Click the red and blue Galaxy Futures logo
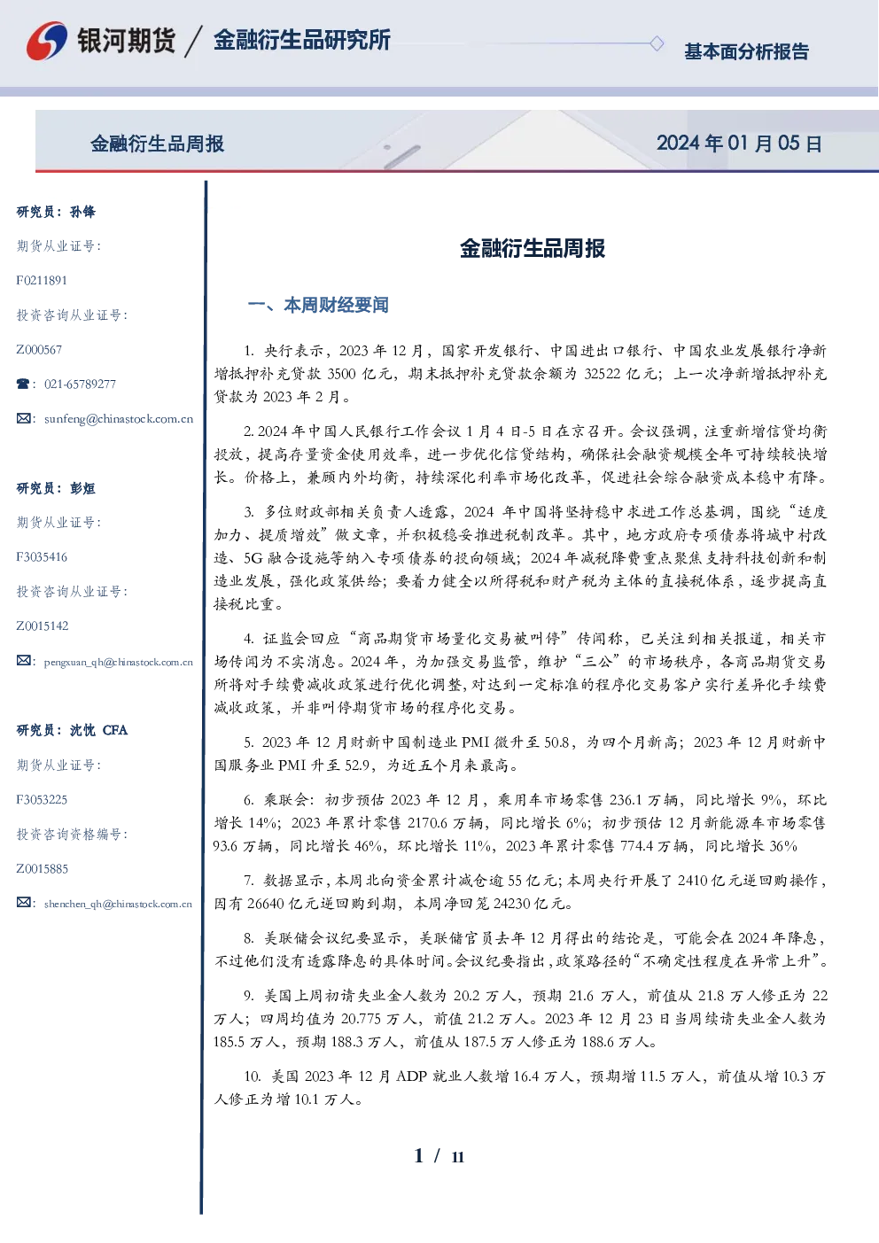pyautogui.click(x=47, y=41)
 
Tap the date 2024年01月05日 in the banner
pyautogui.click(x=739, y=144)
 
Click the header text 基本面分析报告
pyautogui.click(x=746, y=51)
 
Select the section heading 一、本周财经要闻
pyautogui.click(x=318, y=305)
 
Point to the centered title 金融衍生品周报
pyautogui.click(x=533, y=248)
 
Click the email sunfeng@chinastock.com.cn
pyautogui.click(x=119, y=419)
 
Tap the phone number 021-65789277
pyautogui.click(x=80, y=384)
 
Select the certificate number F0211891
pyautogui.click(x=42, y=280)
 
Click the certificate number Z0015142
pyautogui.click(x=43, y=626)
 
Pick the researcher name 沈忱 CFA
pyautogui.click(x=98, y=730)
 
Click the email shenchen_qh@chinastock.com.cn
pyautogui.click(x=118, y=904)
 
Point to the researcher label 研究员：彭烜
pyautogui.click(x=56, y=488)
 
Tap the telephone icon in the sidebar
pyautogui.click(x=23, y=384)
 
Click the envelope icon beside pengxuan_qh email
pyautogui.click(x=23, y=661)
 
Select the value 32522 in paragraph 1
pyautogui.click(x=602, y=374)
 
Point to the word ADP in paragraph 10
pyautogui.click(x=411, y=1076)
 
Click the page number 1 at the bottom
pyautogui.click(x=419, y=1156)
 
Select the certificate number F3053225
pyautogui.click(x=42, y=800)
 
